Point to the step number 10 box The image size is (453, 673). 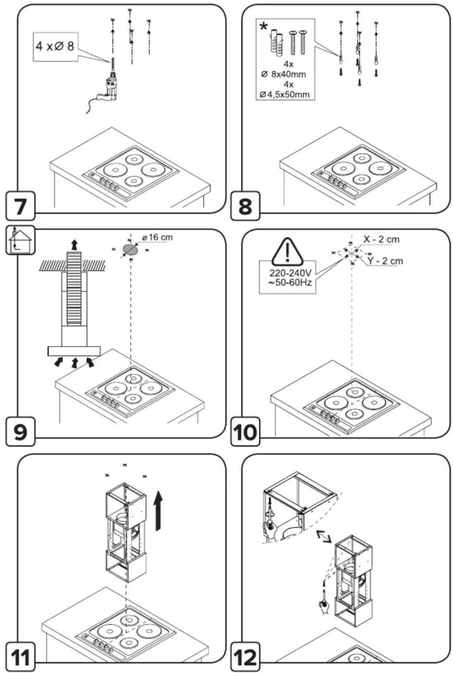click(245, 431)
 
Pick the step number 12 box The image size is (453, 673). click(245, 656)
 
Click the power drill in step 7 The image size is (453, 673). click(106, 86)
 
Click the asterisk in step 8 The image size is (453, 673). click(264, 26)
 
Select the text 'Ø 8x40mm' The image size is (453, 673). click(284, 74)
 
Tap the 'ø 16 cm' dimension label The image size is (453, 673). click(157, 238)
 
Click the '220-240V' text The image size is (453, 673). click(288, 273)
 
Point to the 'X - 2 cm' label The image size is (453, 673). click(381, 239)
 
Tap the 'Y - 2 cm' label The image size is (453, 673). click(385, 261)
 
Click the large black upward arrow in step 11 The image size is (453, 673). click(158, 511)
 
